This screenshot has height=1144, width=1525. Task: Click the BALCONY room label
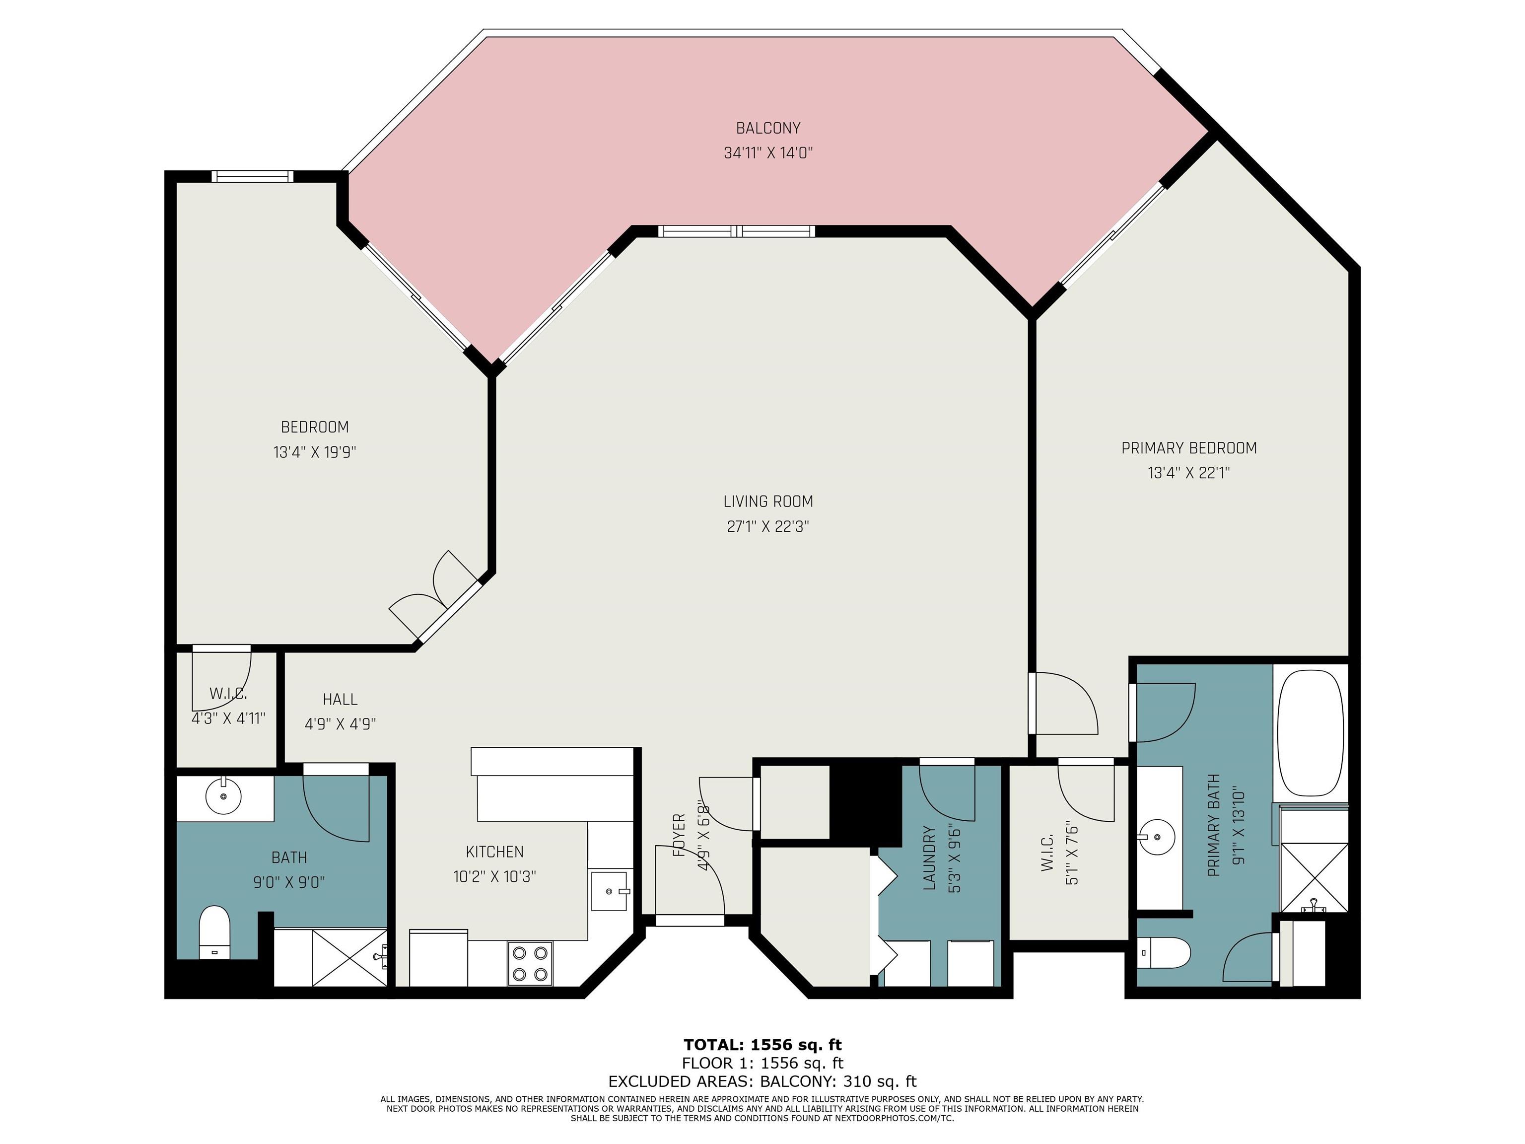click(x=768, y=128)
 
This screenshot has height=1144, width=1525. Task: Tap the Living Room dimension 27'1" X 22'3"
click(x=768, y=527)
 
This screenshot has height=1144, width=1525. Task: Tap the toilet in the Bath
click(x=214, y=932)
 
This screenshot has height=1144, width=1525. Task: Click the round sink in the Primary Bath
click(x=1156, y=838)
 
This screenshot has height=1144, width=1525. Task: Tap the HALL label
click(x=341, y=699)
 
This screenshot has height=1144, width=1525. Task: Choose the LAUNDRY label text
click(x=929, y=858)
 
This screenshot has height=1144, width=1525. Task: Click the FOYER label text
click(x=679, y=835)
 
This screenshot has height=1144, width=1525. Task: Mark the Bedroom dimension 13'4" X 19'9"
click(x=314, y=452)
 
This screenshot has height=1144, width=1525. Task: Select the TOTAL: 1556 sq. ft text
click(x=762, y=1045)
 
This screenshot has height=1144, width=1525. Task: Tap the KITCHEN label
click(x=495, y=852)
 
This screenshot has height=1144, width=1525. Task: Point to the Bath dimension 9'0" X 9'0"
click(x=289, y=882)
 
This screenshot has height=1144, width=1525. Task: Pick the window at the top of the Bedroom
click(x=252, y=177)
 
